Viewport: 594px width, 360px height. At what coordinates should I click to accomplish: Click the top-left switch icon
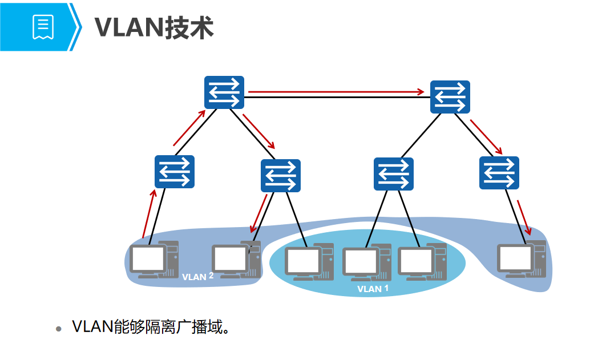(224, 92)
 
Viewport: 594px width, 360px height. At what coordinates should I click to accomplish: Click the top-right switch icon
(450, 97)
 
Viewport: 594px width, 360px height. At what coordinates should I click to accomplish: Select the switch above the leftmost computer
(175, 172)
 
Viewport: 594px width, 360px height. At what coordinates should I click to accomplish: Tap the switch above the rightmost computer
(499, 173)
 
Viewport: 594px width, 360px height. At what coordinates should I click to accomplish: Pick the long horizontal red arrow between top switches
(337, 91)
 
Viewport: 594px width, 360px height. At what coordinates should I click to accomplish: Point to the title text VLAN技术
(154, 27)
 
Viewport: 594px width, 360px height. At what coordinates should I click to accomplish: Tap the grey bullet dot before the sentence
(58, 330)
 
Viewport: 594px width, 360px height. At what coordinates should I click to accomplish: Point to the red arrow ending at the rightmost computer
(524, 217)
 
